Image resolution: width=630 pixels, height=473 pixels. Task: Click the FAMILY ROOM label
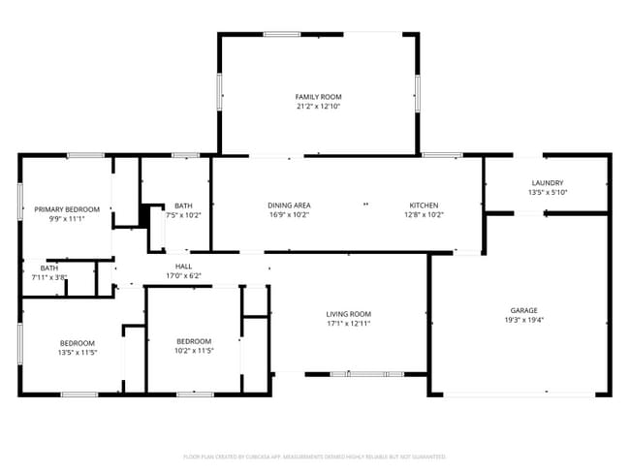[318, 97]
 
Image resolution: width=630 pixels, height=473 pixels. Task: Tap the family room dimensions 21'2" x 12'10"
[318, 107]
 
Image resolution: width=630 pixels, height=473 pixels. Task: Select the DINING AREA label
[289, 205]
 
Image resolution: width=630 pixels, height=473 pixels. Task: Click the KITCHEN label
[424, 205]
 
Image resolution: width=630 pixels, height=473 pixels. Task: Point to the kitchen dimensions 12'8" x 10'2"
[424, 215]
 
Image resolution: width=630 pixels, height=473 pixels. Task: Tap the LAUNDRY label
[548, 183]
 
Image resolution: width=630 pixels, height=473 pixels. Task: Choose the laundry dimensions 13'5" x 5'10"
[548, 193]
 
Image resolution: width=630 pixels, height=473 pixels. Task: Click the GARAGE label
[523, 310]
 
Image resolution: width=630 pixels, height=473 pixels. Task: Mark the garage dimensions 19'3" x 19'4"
[523, 320]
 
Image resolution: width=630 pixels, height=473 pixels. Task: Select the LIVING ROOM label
[348, 314]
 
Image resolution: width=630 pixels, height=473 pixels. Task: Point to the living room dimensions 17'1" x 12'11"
[348, 324]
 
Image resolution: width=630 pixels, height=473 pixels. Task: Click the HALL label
[183, 266]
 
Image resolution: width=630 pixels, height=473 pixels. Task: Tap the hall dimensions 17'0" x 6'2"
[183, 275]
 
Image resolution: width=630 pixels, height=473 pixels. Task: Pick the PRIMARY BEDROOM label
[67, 209]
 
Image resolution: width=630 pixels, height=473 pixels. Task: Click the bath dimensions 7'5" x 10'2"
[183, 215]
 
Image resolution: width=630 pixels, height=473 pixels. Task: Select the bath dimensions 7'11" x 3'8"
[48, 277]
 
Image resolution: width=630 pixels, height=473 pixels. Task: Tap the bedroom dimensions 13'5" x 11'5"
[78, 352]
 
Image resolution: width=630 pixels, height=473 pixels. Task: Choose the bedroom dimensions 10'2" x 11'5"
[194, 350]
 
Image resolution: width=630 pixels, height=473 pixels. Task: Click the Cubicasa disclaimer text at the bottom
[314, 456]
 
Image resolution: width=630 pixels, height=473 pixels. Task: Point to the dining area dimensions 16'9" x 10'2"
[289, 215]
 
